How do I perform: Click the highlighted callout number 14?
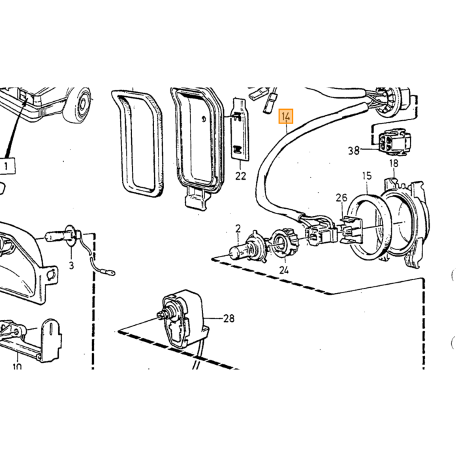point(286,117)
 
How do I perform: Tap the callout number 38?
point(354,150)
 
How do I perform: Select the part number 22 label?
point(240,176)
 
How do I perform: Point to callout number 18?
point(394,163)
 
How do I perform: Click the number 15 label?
point(367,176)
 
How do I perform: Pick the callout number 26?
point(341,198)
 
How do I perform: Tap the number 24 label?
point(283,270)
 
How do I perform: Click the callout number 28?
point(228,318)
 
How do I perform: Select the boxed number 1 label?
point(6,166)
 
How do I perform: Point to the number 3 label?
point(71,265)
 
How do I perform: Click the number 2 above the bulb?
point(238,228)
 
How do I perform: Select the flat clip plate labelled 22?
point(240,129)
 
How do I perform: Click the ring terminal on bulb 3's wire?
point(110,273)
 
